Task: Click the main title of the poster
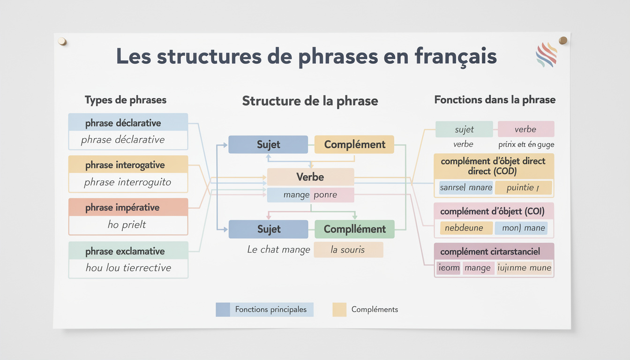306,56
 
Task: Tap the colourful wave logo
546,55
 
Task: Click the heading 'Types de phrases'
125,100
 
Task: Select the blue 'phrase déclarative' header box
128,123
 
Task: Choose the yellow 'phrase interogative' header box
128,165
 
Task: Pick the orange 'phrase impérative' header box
128,207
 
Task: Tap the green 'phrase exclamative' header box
128,251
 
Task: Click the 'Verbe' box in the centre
310,177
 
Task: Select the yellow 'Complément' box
354,144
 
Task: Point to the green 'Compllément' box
354,229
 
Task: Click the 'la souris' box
348,250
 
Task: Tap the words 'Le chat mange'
278,250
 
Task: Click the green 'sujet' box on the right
464,129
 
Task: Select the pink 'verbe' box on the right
525,129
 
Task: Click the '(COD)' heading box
494,166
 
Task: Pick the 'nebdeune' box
466,228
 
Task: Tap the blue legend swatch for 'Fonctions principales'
223,309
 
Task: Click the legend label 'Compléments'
375,309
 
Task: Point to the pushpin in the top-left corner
62,41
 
